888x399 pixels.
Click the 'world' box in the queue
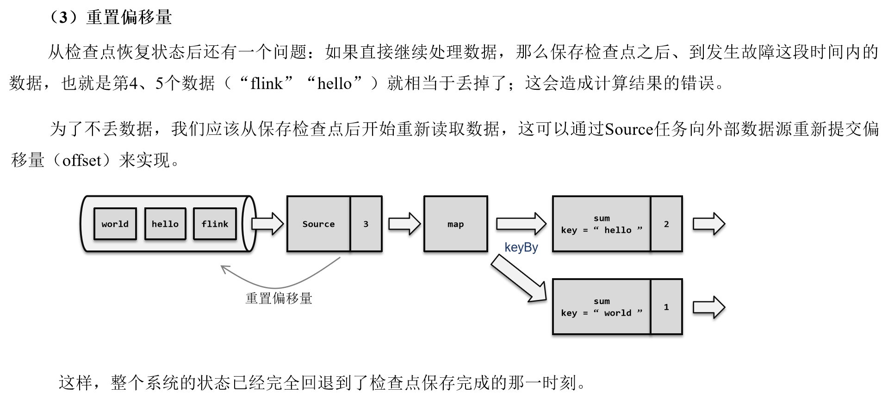(115, 224)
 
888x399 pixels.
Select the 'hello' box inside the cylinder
(165, 224)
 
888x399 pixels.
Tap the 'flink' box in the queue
(215, 224)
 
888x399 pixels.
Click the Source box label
(318, 224)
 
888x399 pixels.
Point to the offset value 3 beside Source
(366, 224)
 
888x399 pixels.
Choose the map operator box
(455, 224)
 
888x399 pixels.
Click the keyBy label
(521, 247)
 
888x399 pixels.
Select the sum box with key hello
(601, 224)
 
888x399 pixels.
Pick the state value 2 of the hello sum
(666, 224)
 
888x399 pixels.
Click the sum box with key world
(601, 307)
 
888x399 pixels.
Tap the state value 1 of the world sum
(666, 307)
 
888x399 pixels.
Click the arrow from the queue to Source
(267, 224)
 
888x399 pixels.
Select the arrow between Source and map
(404, 224)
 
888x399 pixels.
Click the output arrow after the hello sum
(708, 224)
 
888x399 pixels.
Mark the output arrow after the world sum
(708, 307)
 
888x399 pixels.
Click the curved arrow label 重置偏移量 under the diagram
(279, 298)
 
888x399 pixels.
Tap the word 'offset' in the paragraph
(81, 161)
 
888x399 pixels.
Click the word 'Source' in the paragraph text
(629, 129)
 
